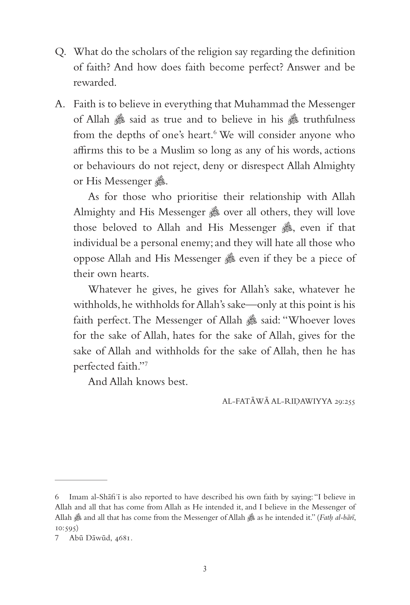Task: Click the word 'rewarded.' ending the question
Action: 95,83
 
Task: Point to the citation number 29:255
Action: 342,402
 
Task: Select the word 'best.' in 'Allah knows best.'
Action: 178,382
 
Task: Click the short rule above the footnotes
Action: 81,480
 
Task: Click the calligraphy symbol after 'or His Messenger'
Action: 160,181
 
